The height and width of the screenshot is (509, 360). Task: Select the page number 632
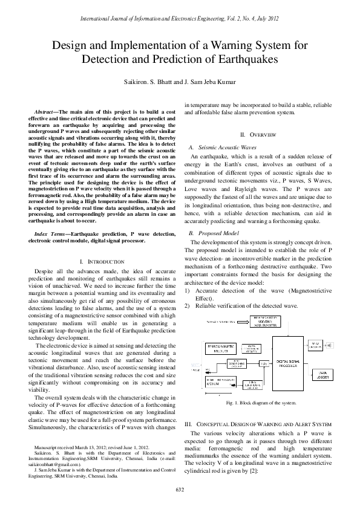[180, 488]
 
